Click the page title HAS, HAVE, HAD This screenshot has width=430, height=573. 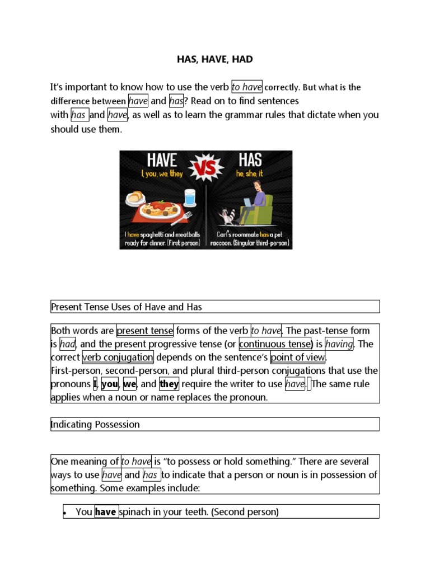tap(215, 59)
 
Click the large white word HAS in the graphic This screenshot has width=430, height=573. tap(250, 160)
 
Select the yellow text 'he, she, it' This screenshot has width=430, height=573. tap(250, 175)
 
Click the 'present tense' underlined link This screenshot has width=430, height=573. tap(144, 330)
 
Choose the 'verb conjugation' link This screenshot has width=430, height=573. tap(118, 357)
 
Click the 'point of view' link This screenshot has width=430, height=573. tap(297, 357)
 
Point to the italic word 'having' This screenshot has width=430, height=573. tap(339, 344)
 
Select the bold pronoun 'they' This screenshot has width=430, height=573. tap(169, 384)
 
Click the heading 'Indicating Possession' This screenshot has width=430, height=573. tap(95, 424)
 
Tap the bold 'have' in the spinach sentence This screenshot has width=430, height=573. tap(106, 511)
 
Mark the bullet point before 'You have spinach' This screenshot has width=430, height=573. tap(66, 512)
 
